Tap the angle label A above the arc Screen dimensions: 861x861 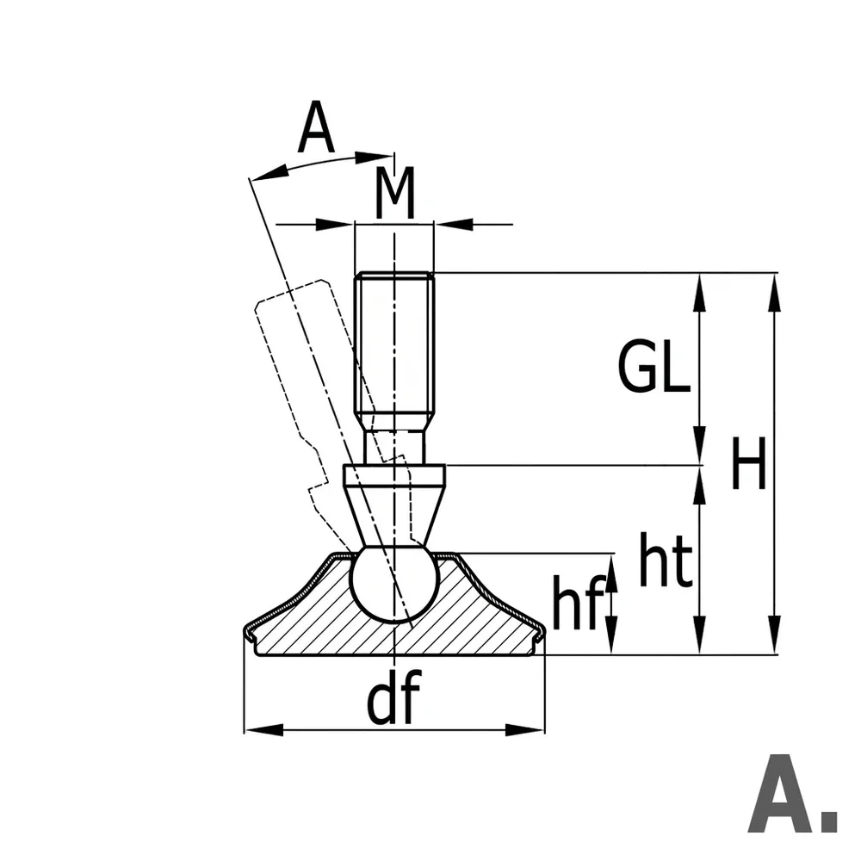(316, 127)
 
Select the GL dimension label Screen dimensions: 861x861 (654, 366)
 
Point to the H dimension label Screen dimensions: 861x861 (748, 463)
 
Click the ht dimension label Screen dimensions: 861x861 (665, 559)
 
